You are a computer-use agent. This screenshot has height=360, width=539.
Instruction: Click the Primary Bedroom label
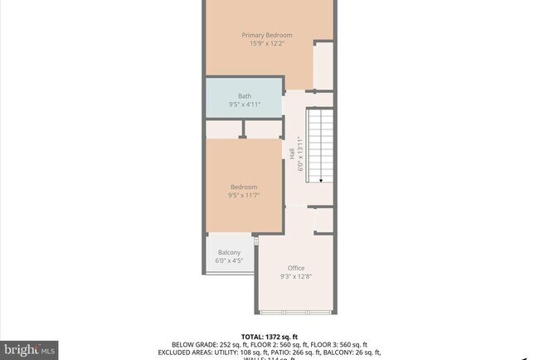pyautogui.click(x=267, y=35)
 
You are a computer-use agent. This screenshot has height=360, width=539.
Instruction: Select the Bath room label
pyautogui.click(x=245, y=96)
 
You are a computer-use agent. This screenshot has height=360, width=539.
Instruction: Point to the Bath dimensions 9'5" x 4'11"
pyautogui.click(x=245, y=105)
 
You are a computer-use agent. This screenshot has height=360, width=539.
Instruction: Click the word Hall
pyautogui.click(x=292, y=154)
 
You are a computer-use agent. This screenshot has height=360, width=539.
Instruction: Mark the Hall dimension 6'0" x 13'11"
pyautogui.click(x=300, y=154)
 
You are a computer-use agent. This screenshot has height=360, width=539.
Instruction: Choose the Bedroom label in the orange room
pyautogui.click(x=244, y=187)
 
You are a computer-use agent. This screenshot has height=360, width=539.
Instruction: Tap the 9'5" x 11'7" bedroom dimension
pyautogui.click(x=244, y=195)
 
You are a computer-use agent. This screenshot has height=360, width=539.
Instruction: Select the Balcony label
pyautogui.click(x=229, y=252)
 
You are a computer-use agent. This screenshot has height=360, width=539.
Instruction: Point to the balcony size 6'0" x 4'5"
pyautogui.click(x=229, y=260)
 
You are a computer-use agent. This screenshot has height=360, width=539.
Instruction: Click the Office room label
pyautogui.click(x=296, y=268)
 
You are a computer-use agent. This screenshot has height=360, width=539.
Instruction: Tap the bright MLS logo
pyautogui.click(x=30, y=350)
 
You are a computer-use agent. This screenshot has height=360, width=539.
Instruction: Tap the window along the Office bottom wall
pyautogui.click(x=282, y=312)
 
